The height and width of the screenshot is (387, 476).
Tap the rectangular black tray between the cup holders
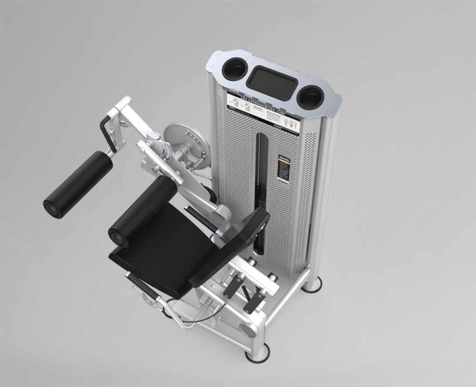tap(271, 80)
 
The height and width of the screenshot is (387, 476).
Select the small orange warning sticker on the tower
tap(282, 167)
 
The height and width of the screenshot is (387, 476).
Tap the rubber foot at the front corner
tap(256, 352)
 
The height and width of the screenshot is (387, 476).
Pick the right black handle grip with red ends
tap(260, 295)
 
